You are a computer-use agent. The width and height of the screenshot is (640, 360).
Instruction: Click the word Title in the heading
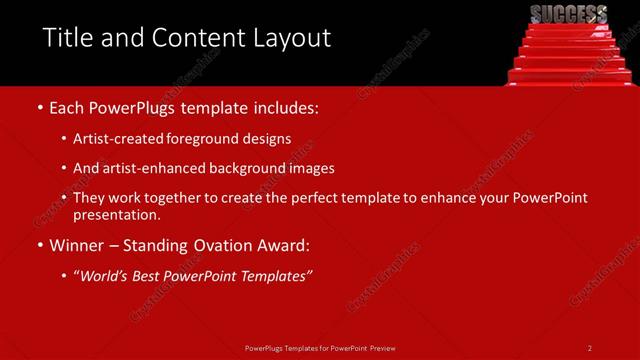68,39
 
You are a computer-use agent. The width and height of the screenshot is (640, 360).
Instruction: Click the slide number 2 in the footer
590,347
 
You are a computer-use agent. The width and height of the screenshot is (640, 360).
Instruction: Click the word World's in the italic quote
105,275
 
